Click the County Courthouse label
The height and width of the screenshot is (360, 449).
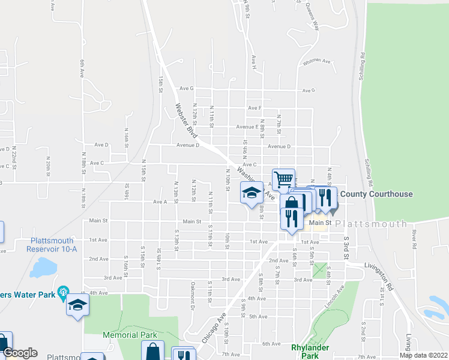376,194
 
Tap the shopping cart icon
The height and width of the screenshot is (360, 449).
283,179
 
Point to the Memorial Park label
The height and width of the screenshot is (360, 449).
130,335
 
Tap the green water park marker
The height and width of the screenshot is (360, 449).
61,293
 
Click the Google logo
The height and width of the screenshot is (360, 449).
20,353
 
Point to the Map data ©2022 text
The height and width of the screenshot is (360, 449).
423,355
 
